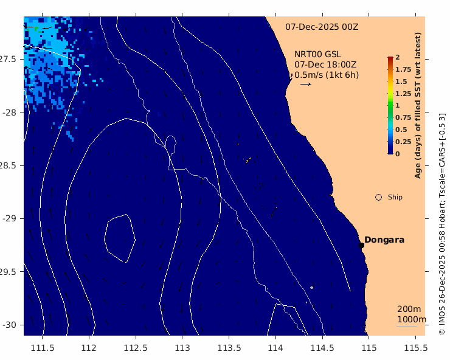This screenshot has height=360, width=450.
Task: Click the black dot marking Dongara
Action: point(361,245)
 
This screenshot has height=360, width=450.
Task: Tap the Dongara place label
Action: point(384,240)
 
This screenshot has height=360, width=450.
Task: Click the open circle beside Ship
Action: point(378,197)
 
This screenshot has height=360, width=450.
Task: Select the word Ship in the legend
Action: point(395,197)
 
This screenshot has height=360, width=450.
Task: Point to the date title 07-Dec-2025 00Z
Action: point(322,27)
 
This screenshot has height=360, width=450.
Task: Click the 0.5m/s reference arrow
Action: point(306,84)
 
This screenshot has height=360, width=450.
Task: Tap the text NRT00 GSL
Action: point(317,54)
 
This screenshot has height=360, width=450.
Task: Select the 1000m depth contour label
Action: point(412,319)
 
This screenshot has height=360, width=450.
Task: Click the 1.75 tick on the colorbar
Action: point(403,69)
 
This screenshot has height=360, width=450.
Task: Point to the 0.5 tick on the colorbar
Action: point(401,130)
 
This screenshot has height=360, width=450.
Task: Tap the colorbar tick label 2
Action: point(398,57)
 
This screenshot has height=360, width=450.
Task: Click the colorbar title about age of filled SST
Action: point(418,105)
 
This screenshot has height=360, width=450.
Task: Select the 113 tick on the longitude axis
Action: point(182,348)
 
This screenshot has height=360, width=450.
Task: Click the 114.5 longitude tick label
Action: point(322,348)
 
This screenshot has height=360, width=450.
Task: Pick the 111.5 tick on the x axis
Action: point(43,348)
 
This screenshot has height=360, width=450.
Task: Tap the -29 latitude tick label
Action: point(10,218)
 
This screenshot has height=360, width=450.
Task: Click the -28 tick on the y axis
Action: point(10,112)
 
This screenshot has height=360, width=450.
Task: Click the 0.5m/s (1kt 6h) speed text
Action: point(327,75)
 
